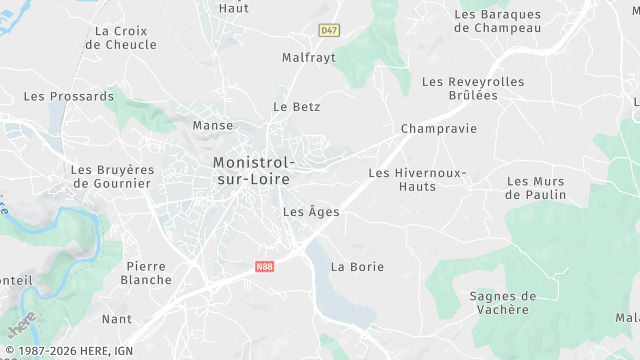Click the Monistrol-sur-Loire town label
252,170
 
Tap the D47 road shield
329,31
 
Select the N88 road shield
264,267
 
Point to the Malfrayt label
308,58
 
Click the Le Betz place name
296,106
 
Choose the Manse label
212,126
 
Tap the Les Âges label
311,212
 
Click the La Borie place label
357,267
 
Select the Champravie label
438,129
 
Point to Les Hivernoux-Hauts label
417,179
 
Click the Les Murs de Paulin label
536,188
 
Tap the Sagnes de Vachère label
502,302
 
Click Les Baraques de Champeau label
497,21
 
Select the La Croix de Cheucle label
125,37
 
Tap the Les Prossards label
69,97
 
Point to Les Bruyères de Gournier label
111,176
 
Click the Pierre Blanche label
147,273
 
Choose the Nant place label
117,319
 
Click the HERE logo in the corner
21,324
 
